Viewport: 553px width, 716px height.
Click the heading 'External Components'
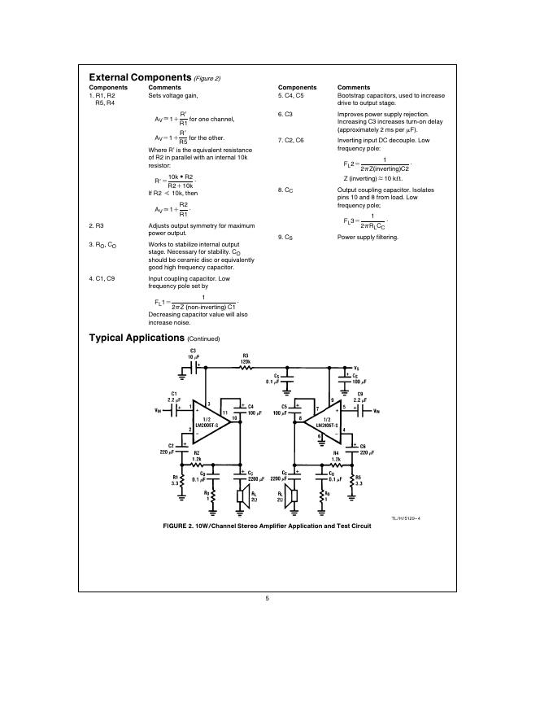click(139, 77)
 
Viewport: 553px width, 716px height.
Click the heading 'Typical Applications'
click(136, 337)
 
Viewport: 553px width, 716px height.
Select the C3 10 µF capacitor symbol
click(194, 368)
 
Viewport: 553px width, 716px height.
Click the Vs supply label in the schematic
click(356, 368)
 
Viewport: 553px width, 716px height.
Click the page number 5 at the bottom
click(267, 598)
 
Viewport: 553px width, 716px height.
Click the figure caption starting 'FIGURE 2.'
click(267, 526)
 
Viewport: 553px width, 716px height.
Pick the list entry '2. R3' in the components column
click(96, 225)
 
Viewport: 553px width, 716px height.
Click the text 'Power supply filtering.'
click(368, 237)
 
